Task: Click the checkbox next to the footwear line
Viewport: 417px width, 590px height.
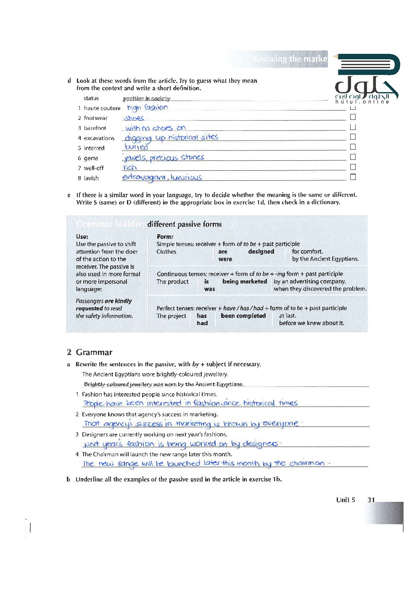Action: pos(353,117)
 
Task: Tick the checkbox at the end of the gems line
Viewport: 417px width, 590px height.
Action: pos(353,157)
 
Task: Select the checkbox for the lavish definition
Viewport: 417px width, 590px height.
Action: pos(353,177)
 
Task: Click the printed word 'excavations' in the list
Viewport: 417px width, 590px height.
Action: pos(99,138)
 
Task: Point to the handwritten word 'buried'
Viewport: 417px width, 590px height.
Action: pos(137,147)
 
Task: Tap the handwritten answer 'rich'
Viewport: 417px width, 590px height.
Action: pos(130,167)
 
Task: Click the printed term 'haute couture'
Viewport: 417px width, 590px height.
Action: pos(102,108)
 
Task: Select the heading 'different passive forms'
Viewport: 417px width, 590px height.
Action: pos(185,224)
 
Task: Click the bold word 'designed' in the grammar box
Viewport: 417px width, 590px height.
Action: pos(261,251)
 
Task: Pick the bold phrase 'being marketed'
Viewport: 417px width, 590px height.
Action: pos(245,281)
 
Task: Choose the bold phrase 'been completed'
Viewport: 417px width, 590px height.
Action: pos(243,316)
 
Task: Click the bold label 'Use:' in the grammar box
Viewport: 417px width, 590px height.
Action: pos(82,236)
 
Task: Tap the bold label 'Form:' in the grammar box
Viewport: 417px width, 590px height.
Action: pos(165,237)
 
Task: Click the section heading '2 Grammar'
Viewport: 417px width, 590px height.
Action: pos(90,352)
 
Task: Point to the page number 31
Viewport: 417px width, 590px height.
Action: pos(371,500)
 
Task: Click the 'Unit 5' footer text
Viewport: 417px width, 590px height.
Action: pos(346,500)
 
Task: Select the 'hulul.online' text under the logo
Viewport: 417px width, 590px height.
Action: pos(362,102)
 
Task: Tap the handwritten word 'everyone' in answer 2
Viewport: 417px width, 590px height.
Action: pos(280,423)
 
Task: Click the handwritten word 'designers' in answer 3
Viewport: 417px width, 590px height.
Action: pos(260,444)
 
